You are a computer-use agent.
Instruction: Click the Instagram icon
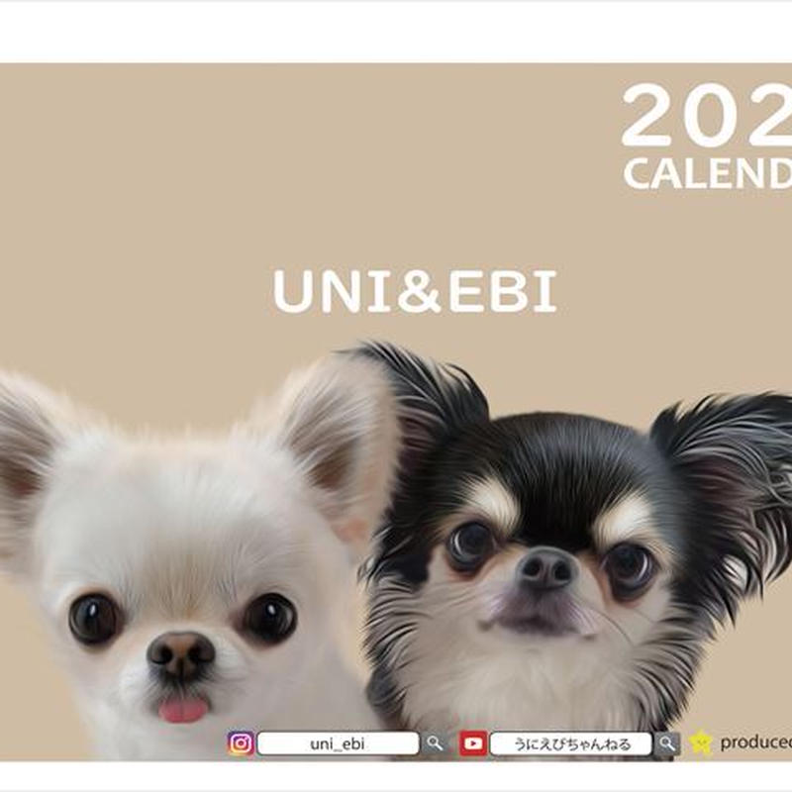(241, 743)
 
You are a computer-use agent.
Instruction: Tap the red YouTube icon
(473, 743)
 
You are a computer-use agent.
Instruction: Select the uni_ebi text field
(338, 743)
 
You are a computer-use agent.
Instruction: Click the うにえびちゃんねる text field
(570, 743)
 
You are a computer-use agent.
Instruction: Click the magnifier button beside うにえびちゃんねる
(668, 743)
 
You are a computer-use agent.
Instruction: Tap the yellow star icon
(701, 742)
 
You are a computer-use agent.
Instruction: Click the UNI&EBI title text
(415, 291)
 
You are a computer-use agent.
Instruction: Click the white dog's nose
(180, 654)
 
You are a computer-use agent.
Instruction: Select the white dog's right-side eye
(269, 618)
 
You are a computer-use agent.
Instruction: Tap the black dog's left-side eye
(471, 543)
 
